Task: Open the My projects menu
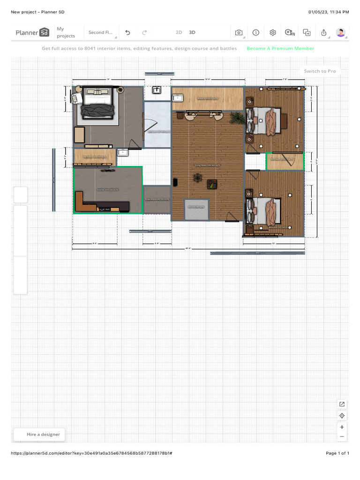[x=66, y=32]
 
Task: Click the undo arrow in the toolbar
[x=127, y=32]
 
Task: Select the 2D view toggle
[x=179, y=32]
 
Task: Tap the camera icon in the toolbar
[x=239, y=32]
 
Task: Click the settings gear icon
[x=272, y=32]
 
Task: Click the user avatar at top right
[x=341, y=32]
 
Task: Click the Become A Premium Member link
[x=280, y=48]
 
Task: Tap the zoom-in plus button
[x=342, y=427]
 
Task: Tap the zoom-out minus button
[x=342, y=436]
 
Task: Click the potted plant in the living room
[x=236, y=118]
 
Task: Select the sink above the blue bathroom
[x=157, y=90]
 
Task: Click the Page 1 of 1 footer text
[x=337, y=453]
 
